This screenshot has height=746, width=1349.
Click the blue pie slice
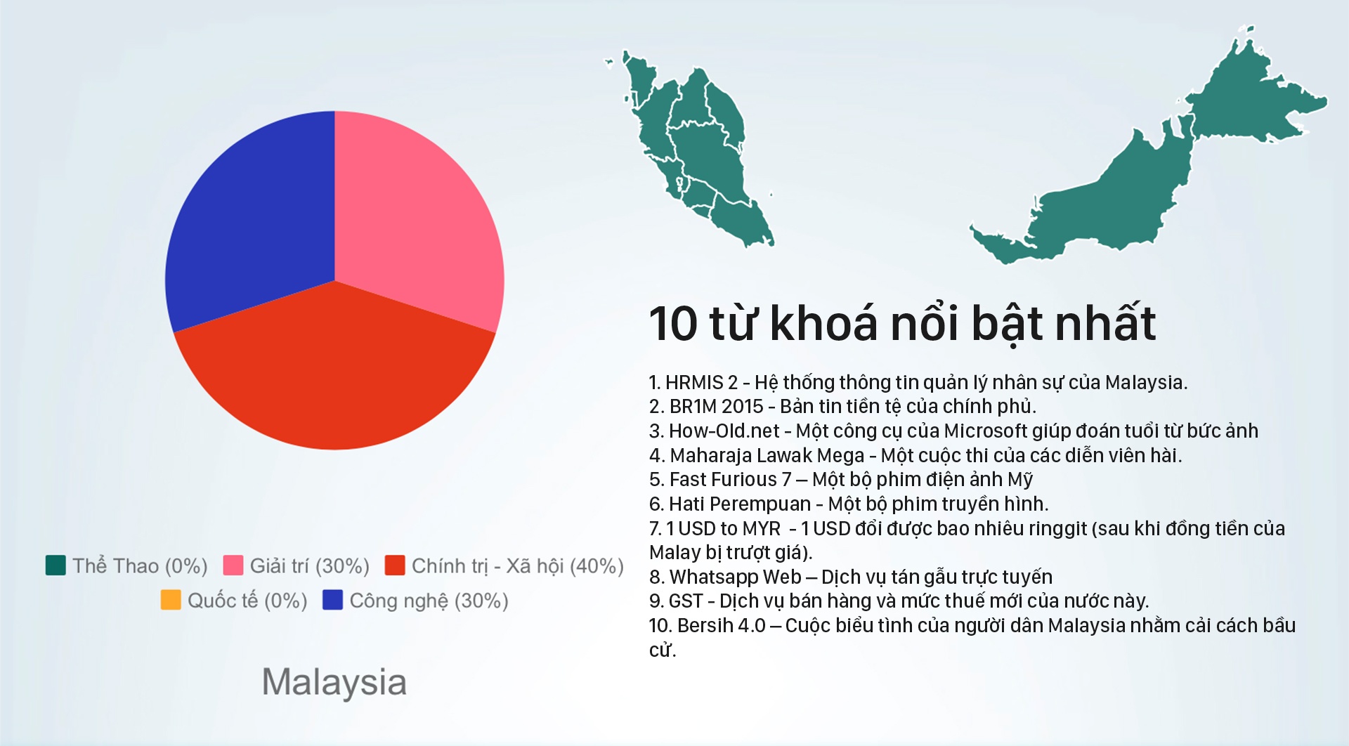tap(253, 225)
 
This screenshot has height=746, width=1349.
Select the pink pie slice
tap(415, 218)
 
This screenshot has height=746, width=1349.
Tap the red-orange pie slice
tap(334, 372)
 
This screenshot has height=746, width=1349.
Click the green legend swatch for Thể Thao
tap(56, 565)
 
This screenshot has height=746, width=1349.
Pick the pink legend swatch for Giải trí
tap(233, 565)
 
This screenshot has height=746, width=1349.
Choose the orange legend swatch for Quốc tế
tap(171, 600)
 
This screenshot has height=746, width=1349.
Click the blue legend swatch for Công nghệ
tap(332, 600)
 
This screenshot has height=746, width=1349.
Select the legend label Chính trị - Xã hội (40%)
tap(518, 566)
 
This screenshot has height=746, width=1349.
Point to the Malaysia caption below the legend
tap(334, 683)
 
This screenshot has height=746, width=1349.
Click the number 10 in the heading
tap(673, 324)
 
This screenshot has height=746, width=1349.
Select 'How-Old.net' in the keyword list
tap(724, 431)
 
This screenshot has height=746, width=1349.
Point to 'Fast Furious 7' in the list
tap(731, 480)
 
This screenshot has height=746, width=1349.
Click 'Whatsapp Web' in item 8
tap(736, 577)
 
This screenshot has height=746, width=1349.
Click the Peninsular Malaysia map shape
tap(692, 148)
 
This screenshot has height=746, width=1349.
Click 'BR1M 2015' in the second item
tap(717, 407)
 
